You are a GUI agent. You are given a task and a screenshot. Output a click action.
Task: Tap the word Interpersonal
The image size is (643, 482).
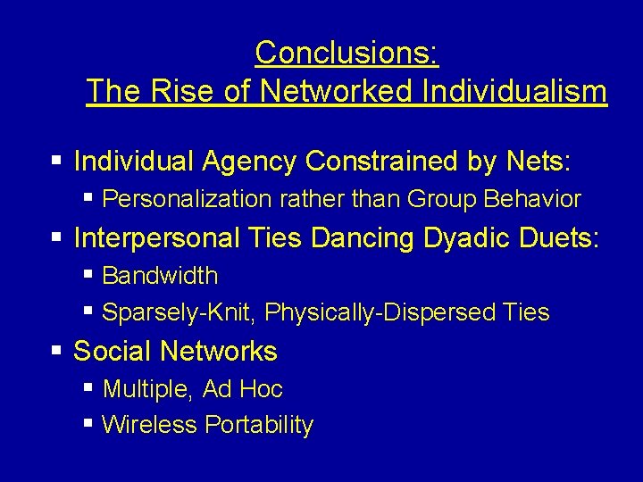[157, 238]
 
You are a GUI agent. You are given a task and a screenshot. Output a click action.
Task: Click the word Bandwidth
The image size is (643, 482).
[160, 276]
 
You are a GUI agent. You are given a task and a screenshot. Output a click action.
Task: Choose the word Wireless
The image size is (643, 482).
[149, 426]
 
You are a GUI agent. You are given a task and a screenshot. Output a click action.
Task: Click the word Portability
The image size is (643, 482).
[259, 426]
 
